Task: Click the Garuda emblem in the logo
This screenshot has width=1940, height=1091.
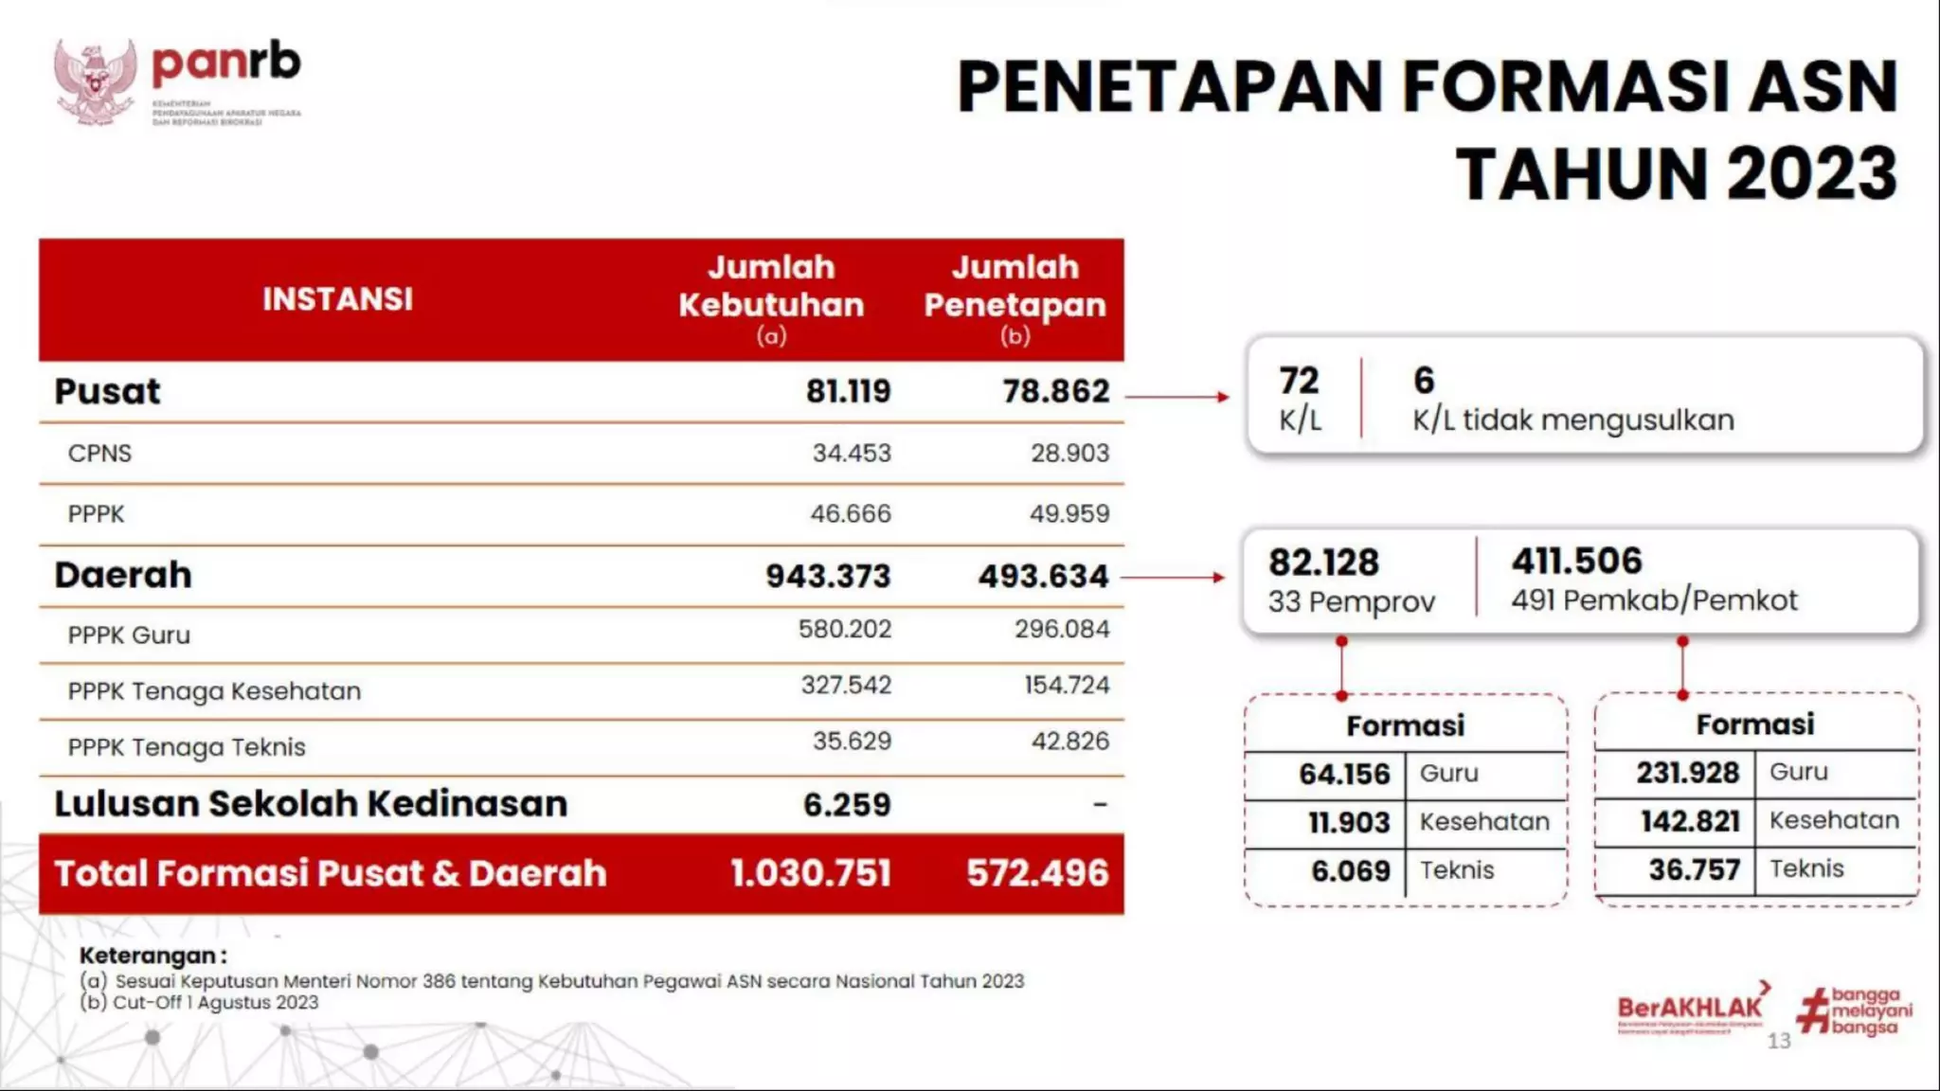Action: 95,81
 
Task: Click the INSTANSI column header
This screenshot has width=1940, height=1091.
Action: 337,299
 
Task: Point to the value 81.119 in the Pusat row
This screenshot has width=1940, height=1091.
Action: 848,391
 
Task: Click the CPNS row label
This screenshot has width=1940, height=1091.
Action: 99,454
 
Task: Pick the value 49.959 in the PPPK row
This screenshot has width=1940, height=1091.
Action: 1069,514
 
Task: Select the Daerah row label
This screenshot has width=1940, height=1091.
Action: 123,575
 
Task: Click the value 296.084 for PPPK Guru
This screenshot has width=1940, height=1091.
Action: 1061,629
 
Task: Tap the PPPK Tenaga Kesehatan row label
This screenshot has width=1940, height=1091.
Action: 214,691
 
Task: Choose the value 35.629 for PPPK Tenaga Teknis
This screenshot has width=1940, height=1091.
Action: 852,742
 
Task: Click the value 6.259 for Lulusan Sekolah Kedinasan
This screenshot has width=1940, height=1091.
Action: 847,805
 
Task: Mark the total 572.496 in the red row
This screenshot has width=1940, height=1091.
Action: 1036,873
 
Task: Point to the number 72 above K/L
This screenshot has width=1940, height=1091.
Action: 1298,381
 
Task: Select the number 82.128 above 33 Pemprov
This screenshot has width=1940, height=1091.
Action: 1323,563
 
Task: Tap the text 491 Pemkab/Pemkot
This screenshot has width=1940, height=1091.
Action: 1654,600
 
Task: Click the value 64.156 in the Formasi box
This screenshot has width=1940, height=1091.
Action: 1343,775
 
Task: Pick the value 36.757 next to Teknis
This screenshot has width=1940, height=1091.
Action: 1694,870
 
